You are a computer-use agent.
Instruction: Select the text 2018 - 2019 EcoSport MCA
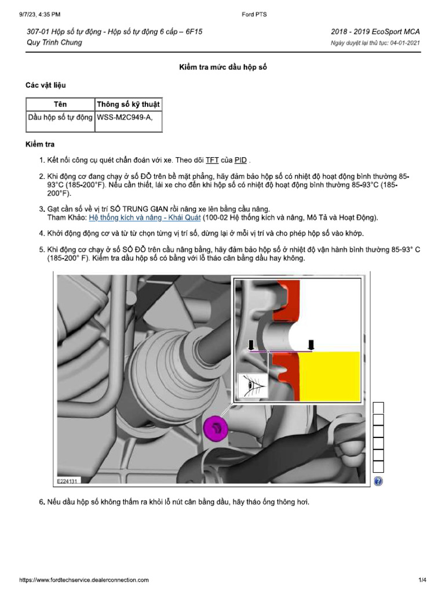coord(375,32)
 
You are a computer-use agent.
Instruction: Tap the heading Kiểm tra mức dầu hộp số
coord(222,68)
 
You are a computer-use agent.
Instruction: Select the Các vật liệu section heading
coord(49,85)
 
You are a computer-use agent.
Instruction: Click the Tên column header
coord(60,104)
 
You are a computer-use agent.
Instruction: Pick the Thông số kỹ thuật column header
coord(129,104)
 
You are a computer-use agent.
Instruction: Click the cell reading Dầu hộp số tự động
coord(60,118)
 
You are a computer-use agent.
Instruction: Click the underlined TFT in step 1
coord(212,160)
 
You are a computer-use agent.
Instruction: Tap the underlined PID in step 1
coord(240,160)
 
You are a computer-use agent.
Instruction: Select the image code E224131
coord(68,481)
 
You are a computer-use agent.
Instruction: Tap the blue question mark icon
coord(378,481)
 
